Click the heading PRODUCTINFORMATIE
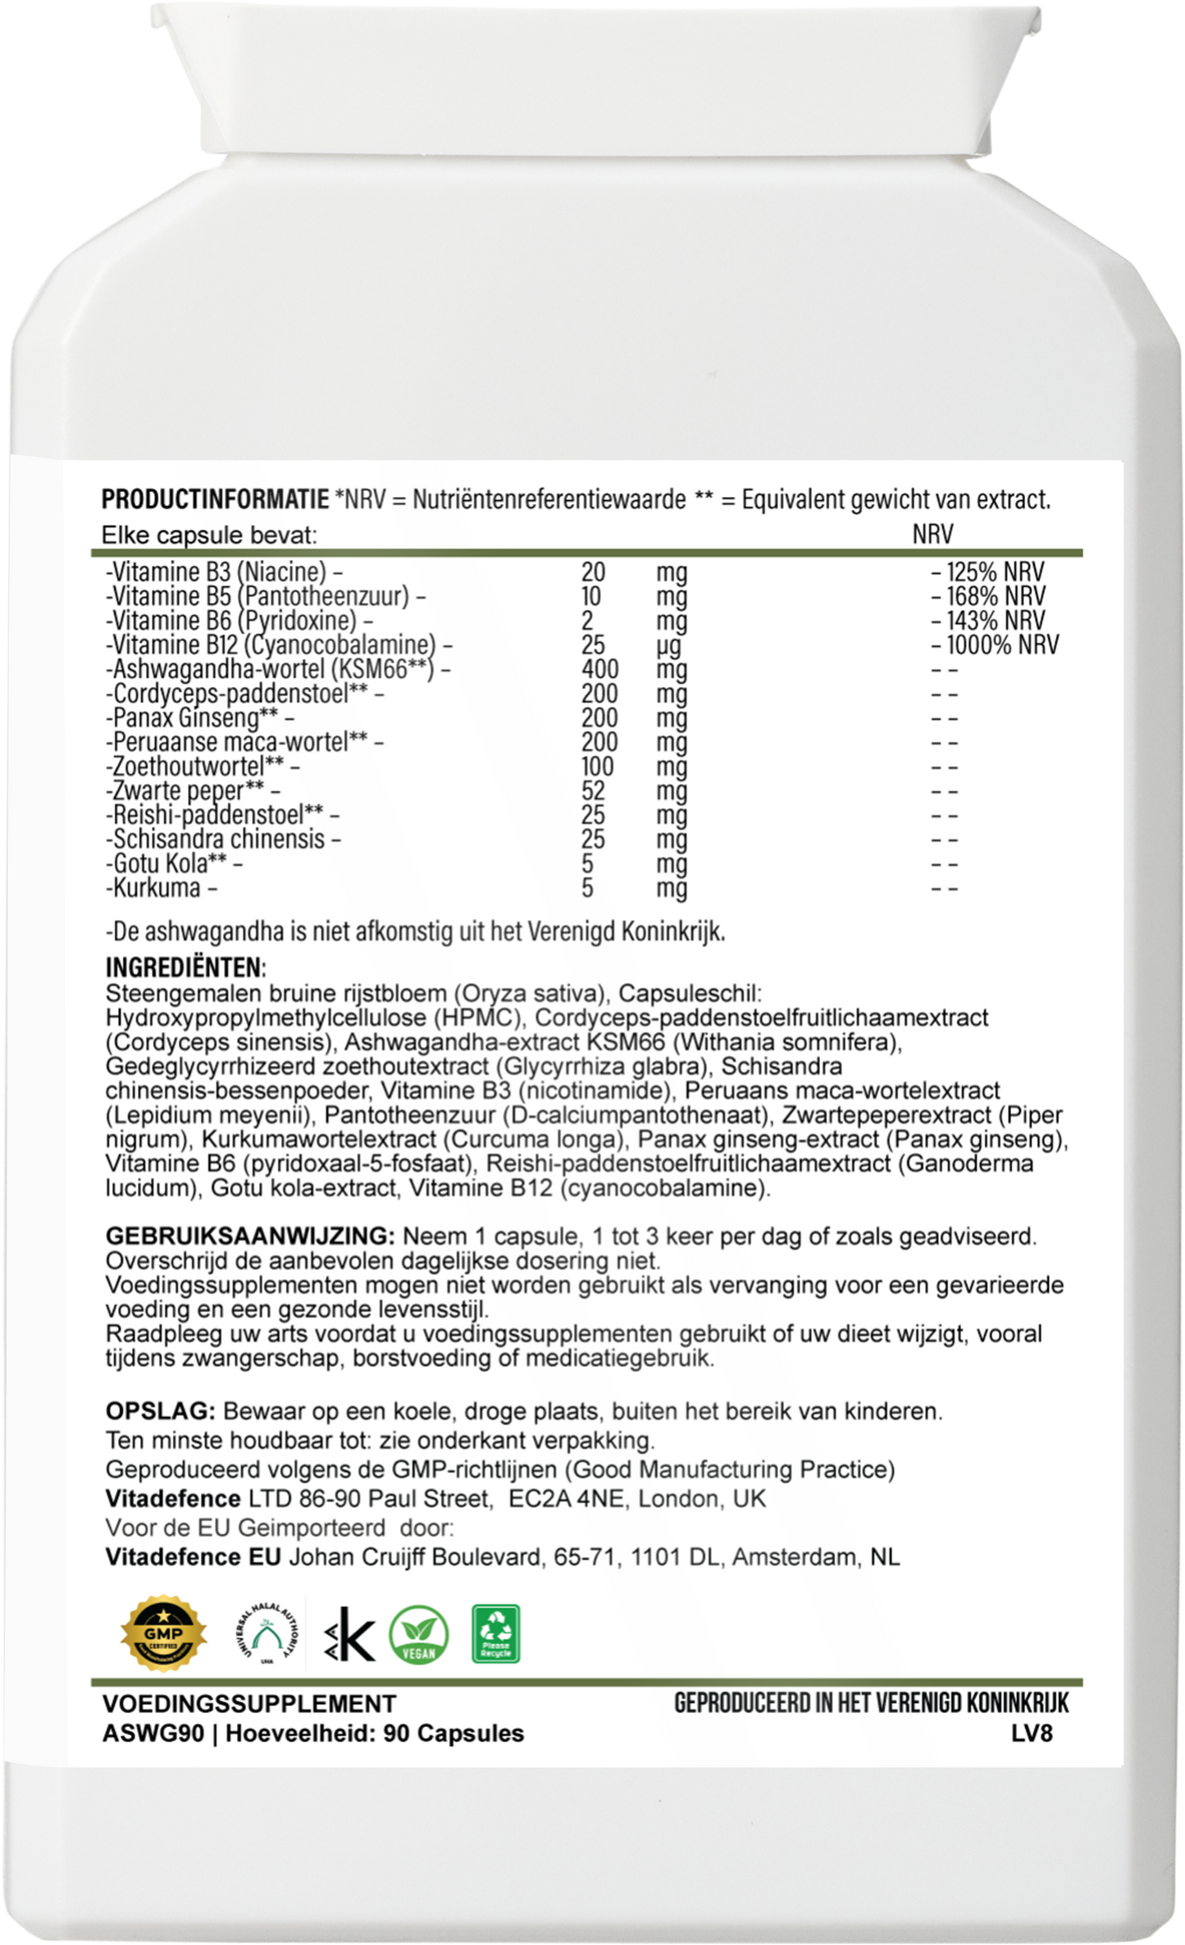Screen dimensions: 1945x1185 [215, 499]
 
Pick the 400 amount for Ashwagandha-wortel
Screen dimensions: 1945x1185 [599, 669]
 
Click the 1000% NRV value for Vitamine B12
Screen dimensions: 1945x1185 [1002, 645]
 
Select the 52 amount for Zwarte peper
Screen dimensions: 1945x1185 [593, 790]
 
